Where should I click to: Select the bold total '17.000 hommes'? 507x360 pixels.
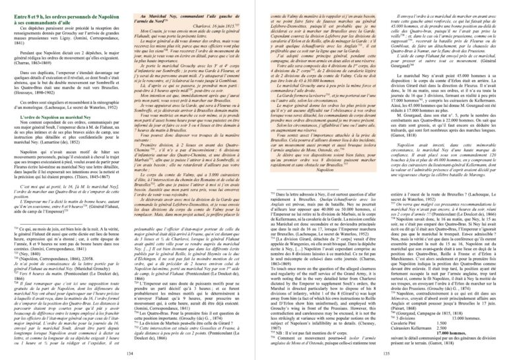click(465, 328)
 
